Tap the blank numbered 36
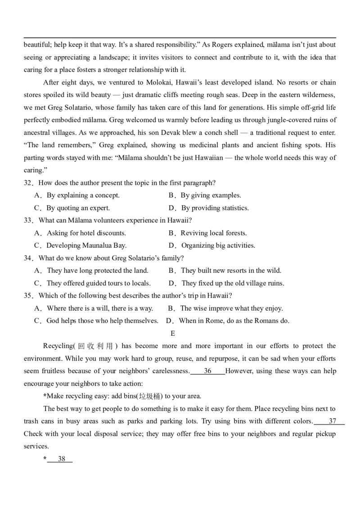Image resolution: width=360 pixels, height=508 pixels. pos(207,371)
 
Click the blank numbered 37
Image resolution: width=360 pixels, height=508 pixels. pos(332,422)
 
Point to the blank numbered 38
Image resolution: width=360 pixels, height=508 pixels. pos(62,459)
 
